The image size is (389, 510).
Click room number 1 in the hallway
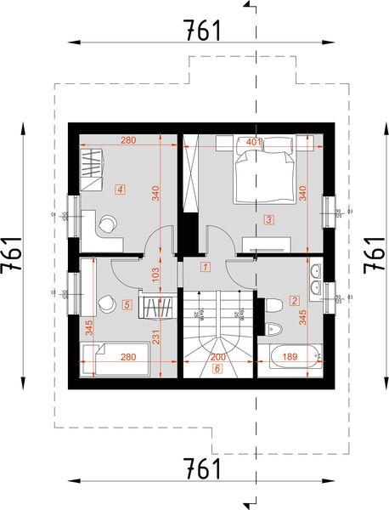tap(205, 267)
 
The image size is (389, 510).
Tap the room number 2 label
tap(294, 299)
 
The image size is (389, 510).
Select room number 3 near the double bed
tap(268, 219)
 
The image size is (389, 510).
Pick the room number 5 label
tap(127, 303)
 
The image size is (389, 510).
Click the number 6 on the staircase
tap(217, 369)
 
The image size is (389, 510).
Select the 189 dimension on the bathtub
tap(290, 356)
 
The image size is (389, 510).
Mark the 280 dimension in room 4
tap(128, 140)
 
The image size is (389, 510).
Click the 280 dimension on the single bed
tap(128, 356)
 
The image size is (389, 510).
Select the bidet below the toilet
tap(273, 330)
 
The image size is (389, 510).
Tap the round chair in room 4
tap(109, 224)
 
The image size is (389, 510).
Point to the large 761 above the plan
tap(201, 31)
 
